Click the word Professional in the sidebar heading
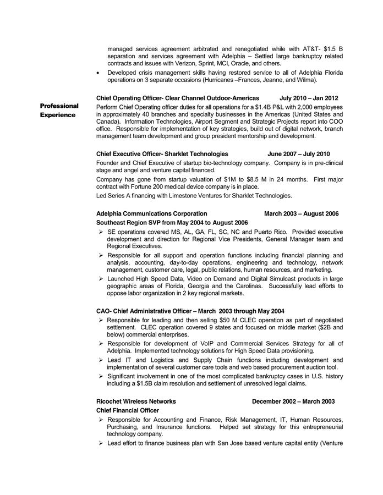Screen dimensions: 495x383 [59, 106]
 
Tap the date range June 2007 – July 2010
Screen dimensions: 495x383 [299, 154]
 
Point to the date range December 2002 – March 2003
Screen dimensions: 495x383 [293, 402]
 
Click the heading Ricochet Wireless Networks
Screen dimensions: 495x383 [136, 402]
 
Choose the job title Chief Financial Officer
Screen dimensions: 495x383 [128, 410]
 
